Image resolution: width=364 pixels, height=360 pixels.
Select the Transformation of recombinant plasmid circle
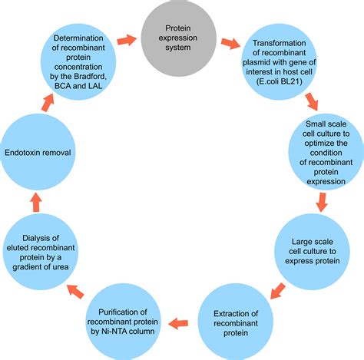[280, 54]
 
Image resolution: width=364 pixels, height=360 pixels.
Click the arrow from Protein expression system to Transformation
[228, 41]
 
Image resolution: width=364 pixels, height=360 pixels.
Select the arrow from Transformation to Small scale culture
[310, 102]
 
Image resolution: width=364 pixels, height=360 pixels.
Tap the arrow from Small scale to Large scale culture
[322, 201]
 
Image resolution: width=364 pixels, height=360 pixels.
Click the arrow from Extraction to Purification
[180, 323]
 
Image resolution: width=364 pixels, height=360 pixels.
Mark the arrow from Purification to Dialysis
[76, 290]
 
